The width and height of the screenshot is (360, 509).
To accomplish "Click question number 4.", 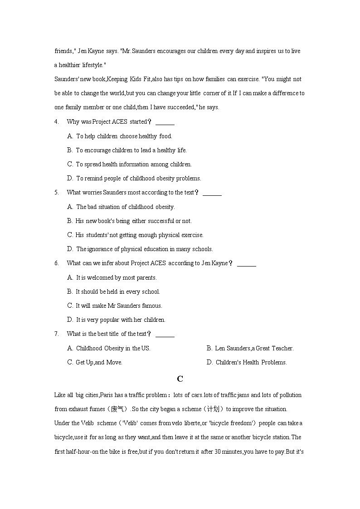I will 56,122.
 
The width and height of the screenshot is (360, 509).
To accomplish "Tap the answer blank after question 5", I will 212,193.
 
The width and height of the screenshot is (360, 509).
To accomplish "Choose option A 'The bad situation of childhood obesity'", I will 121,207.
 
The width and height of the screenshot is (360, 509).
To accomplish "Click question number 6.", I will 56,263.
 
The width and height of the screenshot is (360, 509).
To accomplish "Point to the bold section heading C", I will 180,379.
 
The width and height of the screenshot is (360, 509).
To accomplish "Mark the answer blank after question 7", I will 165,334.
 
